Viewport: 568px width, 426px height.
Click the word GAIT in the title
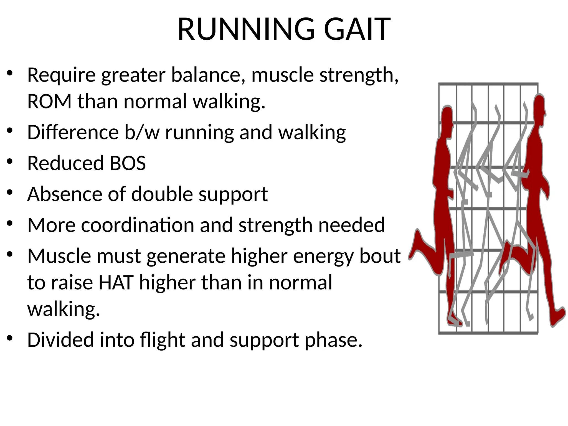click(357, 29)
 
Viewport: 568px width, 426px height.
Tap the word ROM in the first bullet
click(49, 102)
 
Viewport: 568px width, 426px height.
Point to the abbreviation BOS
click(128, 163)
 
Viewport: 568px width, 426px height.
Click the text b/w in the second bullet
click(142, 132)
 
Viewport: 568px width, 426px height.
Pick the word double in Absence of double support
click(162, 194)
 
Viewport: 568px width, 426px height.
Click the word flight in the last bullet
click(162, 340)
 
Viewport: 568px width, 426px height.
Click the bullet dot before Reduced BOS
click(10, 162)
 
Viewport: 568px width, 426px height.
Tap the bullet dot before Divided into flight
click(10, 338)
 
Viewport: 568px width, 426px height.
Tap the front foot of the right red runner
click(557, 316)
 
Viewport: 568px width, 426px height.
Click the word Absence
click(64, 194)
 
